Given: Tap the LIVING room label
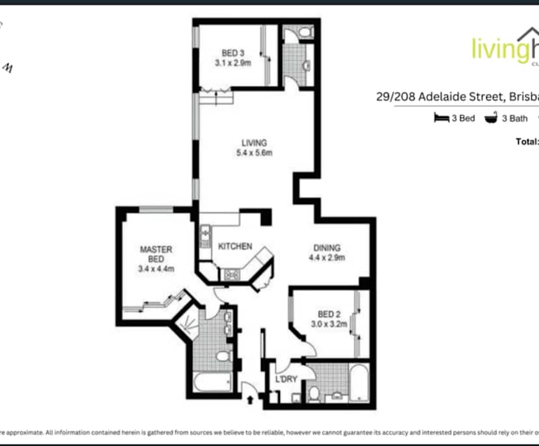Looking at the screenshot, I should point(254,143).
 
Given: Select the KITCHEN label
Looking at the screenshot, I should point(235,246).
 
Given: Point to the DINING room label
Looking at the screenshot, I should point(327,248).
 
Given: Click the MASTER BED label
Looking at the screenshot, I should point(156,254).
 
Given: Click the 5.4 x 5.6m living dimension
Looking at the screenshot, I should point(254,153).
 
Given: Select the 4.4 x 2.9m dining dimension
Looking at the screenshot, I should point(327,258).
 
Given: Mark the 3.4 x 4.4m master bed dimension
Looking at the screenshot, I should point(156,268).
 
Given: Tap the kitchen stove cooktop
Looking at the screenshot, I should point(230,275).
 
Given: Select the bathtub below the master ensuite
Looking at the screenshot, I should point(212,382).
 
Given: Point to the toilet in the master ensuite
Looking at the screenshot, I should point(223,356).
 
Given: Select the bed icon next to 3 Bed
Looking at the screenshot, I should point(441,118).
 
